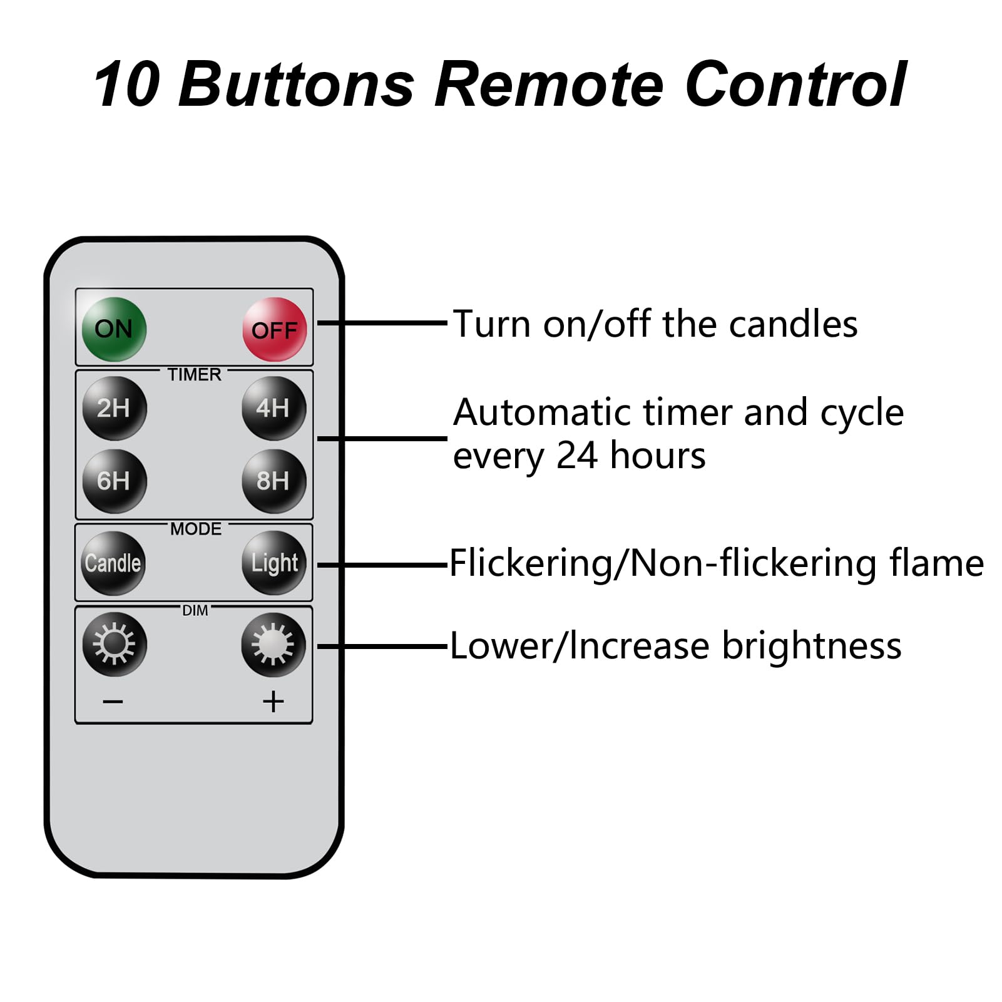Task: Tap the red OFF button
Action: coord(275,329)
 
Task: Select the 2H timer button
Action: coord(115,408)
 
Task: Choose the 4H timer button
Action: coord(274,408)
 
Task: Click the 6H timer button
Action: coord(115,481)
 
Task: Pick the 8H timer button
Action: coord(274,481)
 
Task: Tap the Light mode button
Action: coord(274,563)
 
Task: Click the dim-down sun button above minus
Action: coord(115,644)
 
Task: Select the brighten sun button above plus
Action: coord(274,645)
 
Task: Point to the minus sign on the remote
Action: coord(113,702)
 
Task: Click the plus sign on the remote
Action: coord(274,702)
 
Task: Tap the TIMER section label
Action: coord(195,374)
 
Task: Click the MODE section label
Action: coord(196,529)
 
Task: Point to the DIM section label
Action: coord(195,610)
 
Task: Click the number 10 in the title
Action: coord(128,84)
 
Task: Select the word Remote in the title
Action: coord(549,84)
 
